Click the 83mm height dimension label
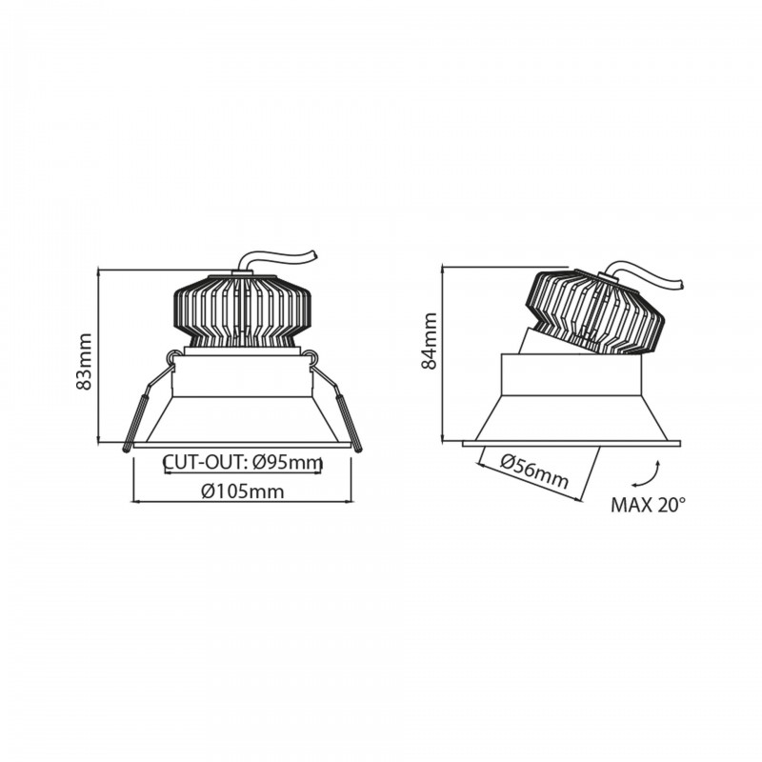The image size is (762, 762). (x=84, y=363)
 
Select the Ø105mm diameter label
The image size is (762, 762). (x=242, y=491)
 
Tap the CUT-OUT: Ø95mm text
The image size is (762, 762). (x=242, y=463)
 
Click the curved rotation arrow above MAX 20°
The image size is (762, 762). (x=656, y=471)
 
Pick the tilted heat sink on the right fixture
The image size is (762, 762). (x=594, y=311)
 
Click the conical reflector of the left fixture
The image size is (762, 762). (x=242, y=420)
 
